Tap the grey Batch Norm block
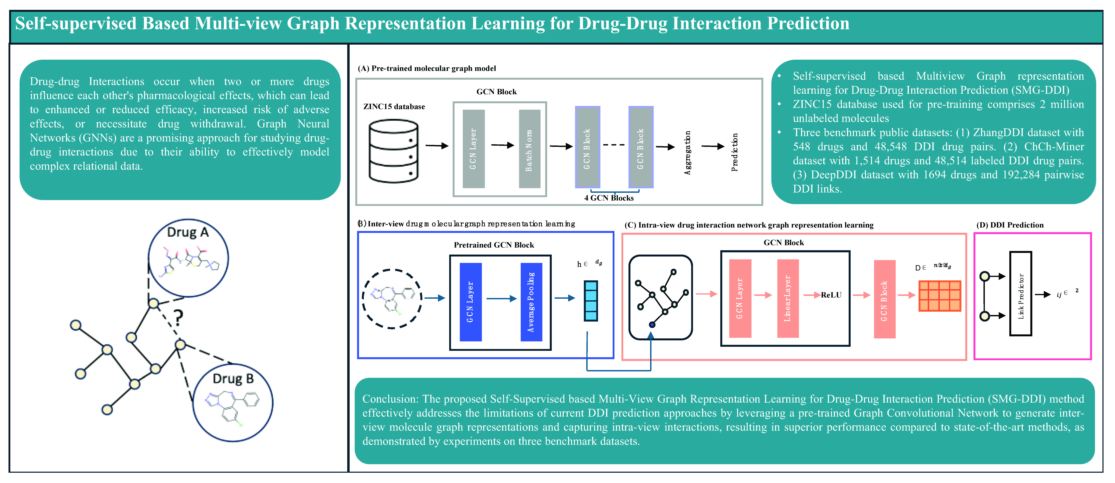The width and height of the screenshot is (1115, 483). click(529, 149)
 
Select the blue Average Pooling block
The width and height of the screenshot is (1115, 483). click(531, 302)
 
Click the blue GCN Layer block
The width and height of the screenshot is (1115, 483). click(471, 302)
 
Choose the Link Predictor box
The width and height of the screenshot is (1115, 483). click(1021, 294)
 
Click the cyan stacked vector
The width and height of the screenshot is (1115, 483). click(591, 301)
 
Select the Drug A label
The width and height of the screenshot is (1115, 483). click(188, 232)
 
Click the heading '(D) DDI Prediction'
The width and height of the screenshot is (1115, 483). click(1010, 225)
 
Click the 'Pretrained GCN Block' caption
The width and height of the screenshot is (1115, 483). click(494, 245)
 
